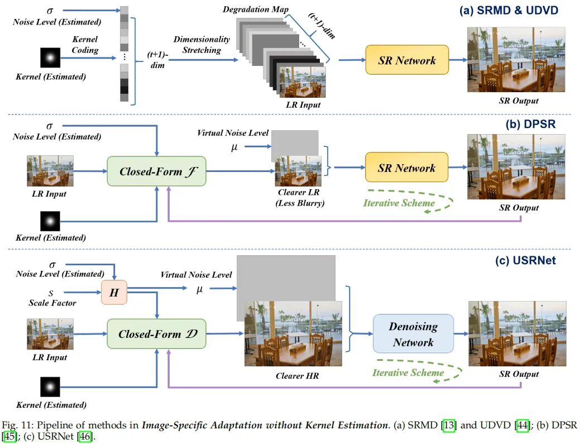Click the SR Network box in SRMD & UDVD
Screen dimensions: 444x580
click(406, 60)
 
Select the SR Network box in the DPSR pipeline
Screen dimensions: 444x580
click(406, 168)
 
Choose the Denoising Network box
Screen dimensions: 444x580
click(413, 333)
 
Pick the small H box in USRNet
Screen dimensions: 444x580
click(114, 292)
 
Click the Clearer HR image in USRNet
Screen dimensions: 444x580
click(293, 334)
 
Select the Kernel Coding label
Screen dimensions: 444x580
click(85, 45)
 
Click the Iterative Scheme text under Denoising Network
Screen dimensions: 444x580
click(408, 373)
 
